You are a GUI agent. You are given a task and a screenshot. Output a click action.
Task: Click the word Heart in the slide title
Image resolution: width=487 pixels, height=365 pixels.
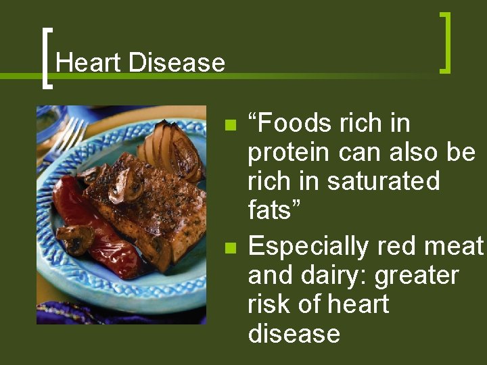click(x=89, y=63)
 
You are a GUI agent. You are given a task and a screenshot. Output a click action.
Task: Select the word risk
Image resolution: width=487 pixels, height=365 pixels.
click(x=269, y=304)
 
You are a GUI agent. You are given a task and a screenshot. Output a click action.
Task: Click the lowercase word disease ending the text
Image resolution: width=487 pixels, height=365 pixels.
click(x=294, y=333)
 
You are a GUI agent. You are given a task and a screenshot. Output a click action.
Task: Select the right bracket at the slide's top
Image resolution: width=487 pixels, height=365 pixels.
click(x=445, y=42)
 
